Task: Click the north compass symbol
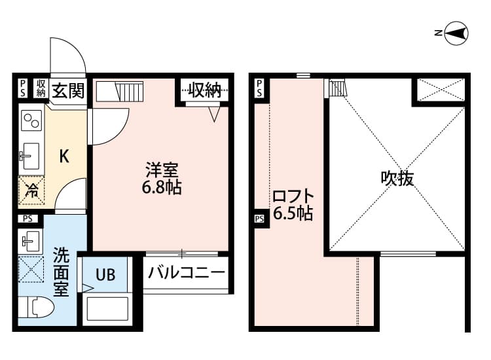point(456,33)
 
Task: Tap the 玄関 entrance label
point(68,90)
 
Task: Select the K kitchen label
point(64,156)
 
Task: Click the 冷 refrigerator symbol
point(31,191)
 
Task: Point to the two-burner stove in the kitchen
point(31,122)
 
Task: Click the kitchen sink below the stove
point(30,156)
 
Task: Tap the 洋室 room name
point(162,171)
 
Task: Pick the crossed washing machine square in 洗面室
point(30,269)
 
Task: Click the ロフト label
point(292,196)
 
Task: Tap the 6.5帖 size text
point(292,213)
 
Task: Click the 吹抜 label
point(397,178)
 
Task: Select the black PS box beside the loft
point(259,219)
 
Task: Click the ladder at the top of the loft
point(336,87)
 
